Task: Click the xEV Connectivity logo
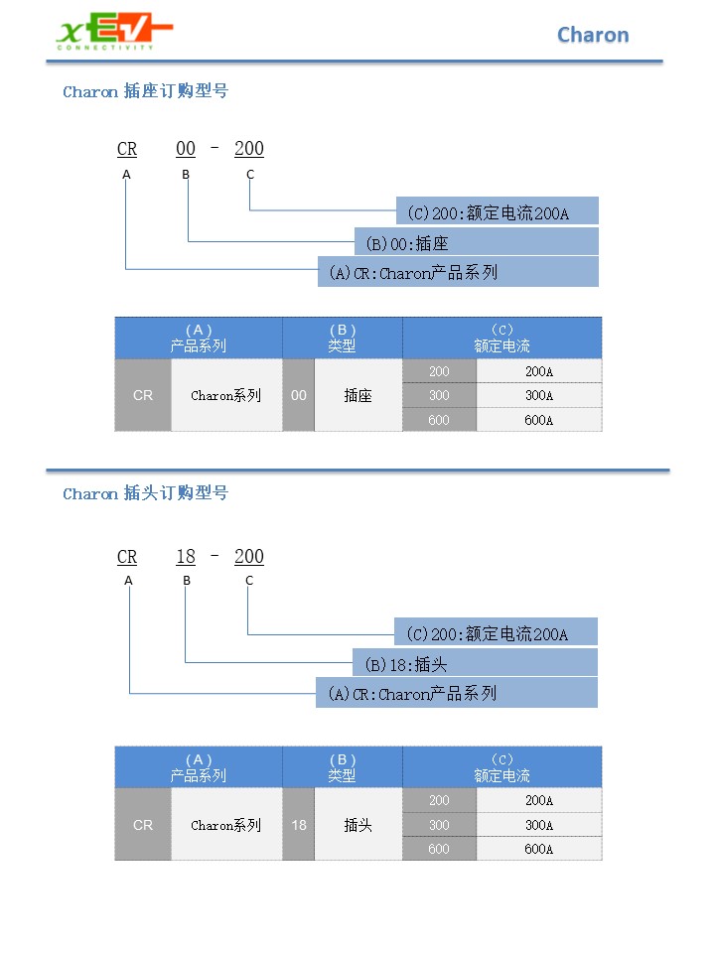click(x=114, y=32)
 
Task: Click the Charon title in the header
click(x=593, y=36)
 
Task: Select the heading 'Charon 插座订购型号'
click(x=145, y=91)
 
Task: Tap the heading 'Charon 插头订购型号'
click(x=145, y=493)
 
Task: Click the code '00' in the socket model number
click(x=186, y=149)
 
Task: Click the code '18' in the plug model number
click(x=186, y=557)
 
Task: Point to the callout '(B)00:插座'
click(x=477, y=242)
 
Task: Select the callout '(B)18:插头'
click(x=476, y=663)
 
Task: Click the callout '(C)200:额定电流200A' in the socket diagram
click(x=498, y=210)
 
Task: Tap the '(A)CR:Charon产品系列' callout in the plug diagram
click(x=457, y=693)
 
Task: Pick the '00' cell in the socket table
click(x=299, y=395)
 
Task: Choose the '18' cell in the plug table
click(x=299, y=825)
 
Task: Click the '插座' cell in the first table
click(x=358, y=395)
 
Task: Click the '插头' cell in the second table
click(x=358, y=825)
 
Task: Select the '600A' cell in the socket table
click(x=539, y=420)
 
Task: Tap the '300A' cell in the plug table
click(x=539, y=825)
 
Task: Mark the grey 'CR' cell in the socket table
click(x=143, y=395)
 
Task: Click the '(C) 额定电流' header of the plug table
click(x=502, y=767)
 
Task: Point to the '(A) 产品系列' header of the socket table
click(x=199, y=338)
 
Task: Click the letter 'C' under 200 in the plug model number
click(x=249, y=581)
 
